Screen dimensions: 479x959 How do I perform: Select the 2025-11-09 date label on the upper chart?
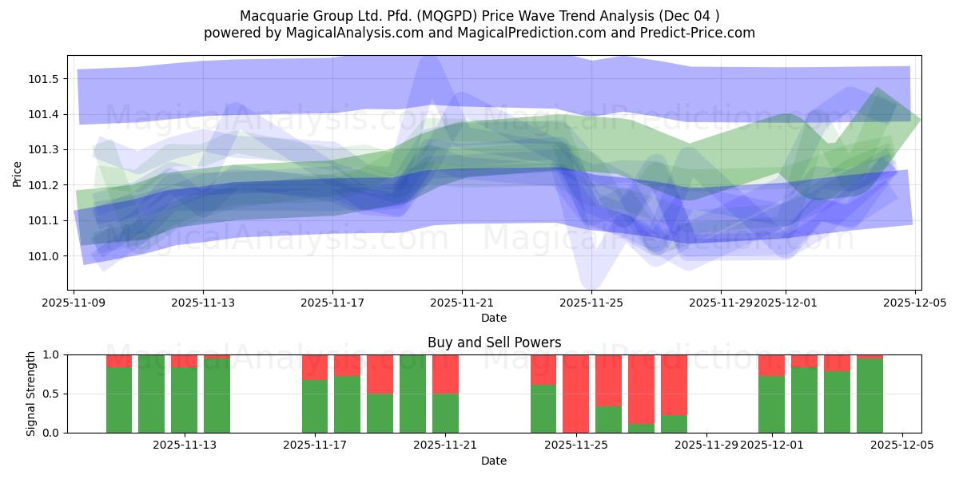point(74,303)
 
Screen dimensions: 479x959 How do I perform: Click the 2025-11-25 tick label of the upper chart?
point(591,303)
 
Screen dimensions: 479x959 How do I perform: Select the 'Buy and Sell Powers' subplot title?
point(494,342)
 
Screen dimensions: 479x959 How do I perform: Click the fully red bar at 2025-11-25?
point(575,394)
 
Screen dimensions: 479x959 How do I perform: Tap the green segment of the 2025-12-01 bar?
point(771,405)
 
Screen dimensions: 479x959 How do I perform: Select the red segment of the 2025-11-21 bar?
point(445,374)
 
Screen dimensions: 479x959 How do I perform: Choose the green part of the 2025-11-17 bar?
point(315,406)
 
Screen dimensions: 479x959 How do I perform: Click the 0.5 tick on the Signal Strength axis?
point(54,394)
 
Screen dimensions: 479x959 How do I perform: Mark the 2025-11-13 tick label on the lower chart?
point(185,445)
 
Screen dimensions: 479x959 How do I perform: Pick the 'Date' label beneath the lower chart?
point(494,461)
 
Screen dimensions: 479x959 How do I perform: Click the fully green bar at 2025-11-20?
point(412,394)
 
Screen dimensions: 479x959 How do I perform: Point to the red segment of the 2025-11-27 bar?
point(641,389)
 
